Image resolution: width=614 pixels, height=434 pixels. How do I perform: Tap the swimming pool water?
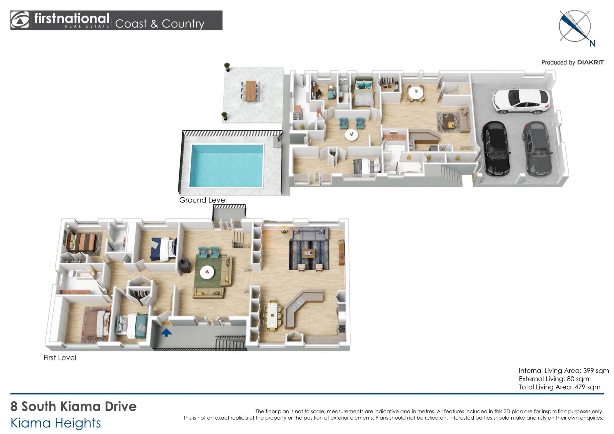(226, 165)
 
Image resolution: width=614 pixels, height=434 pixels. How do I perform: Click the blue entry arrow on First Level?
(166, 333)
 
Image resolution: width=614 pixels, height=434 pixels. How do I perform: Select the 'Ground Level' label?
(203, 200)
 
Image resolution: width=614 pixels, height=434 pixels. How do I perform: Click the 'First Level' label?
(60, 358)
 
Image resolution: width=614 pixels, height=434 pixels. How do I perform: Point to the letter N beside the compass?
(592, 44)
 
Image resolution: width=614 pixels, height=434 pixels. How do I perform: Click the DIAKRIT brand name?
(590, 62)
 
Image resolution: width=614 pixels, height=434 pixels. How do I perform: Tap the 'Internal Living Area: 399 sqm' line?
(563, 371)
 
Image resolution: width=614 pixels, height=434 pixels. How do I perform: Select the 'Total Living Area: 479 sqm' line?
(559, 387)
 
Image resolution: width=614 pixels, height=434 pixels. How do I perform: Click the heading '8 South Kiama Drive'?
(74, 406)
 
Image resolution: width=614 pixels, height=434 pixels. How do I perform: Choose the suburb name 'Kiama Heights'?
(56, 423)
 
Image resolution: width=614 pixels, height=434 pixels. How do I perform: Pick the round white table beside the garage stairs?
(415, 93)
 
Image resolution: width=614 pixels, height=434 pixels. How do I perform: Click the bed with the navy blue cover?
(163, 248)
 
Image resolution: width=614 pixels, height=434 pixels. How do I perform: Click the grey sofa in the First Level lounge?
(309, 235)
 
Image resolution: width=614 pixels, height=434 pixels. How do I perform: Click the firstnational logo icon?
(20, 20)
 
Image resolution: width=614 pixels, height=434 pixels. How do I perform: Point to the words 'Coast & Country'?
(160, 24)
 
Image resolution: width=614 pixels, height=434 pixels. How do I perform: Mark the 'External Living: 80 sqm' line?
(554, 379)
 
